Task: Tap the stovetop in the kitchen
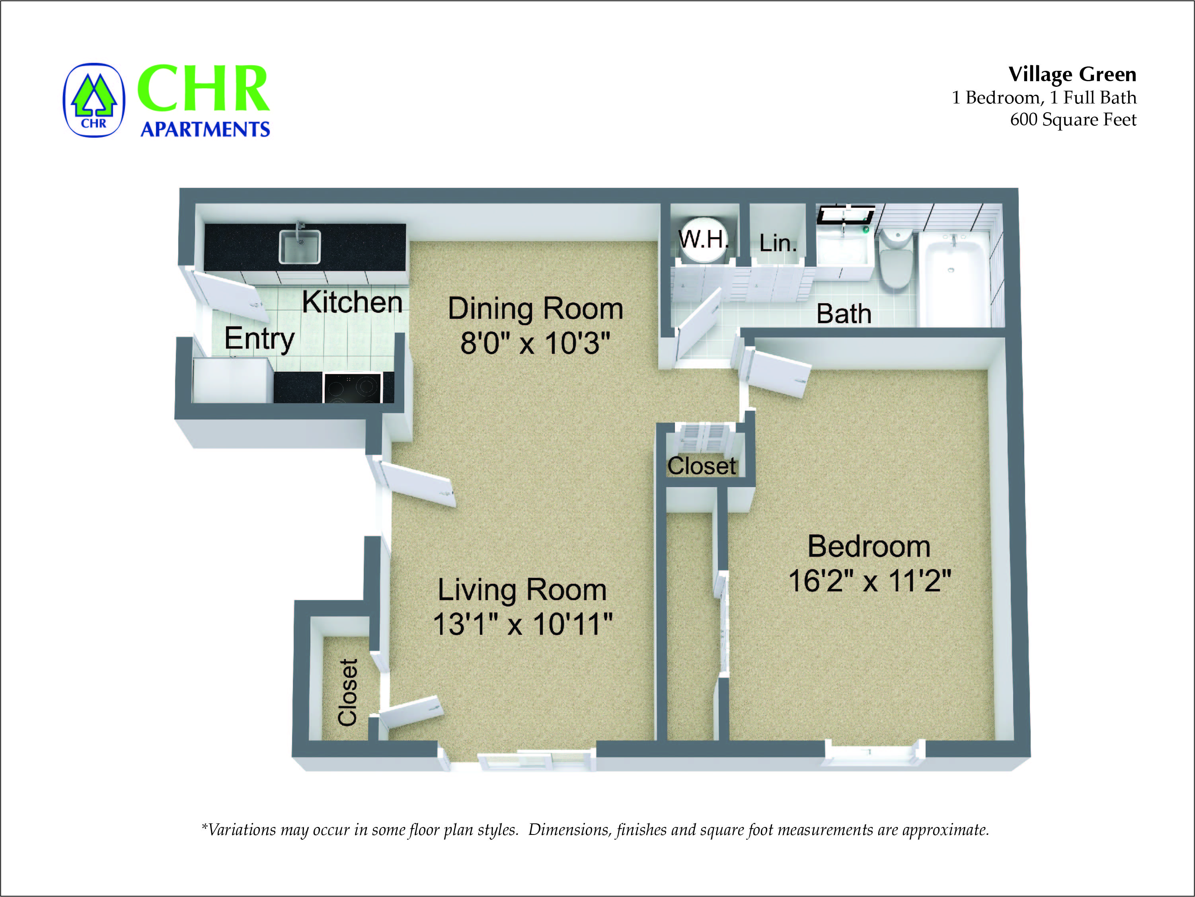[352, 388]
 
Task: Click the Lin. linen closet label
[778, 243]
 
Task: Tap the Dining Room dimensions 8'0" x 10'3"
[535, 343]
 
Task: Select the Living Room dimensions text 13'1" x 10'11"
[522, 624]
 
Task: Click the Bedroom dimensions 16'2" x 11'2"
[869, 581]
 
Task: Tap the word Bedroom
[869, 546]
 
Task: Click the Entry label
[259, 339]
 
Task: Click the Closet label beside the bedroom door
[701, 466]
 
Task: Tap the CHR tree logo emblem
[94, 100]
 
